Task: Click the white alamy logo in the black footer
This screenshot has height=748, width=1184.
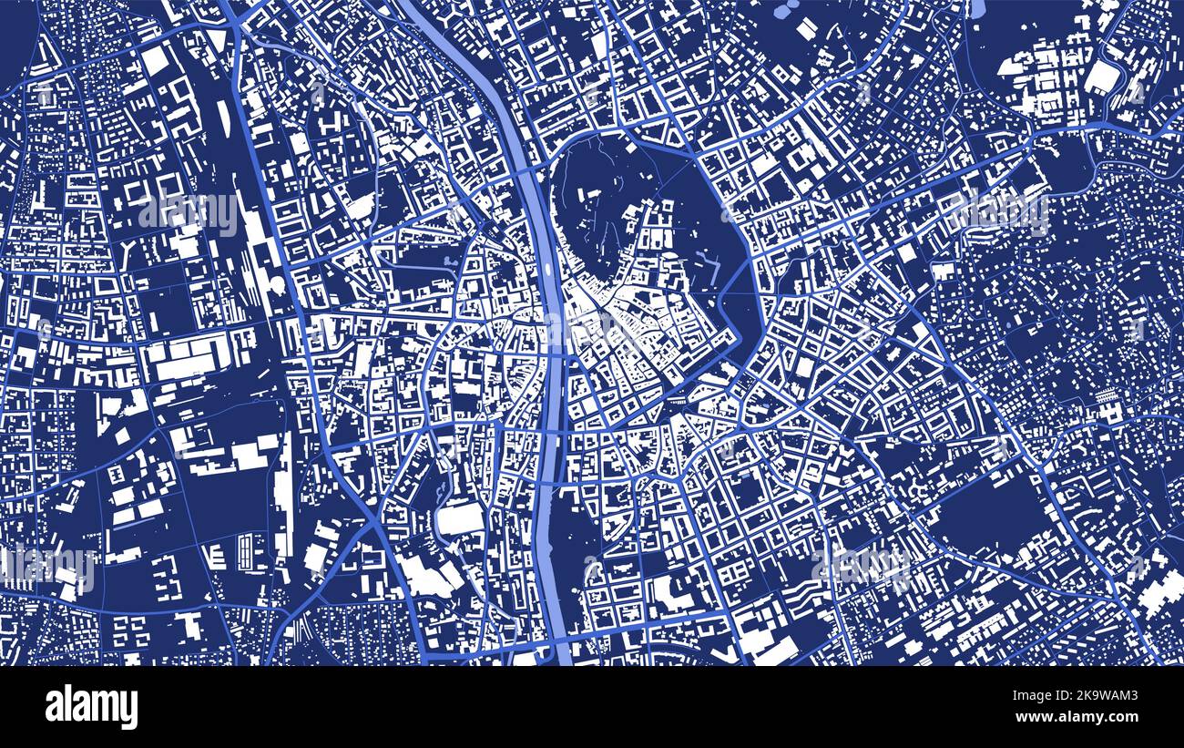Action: click(x=91, y=707)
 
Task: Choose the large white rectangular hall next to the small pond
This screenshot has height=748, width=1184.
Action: click(x=460, y=518)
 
